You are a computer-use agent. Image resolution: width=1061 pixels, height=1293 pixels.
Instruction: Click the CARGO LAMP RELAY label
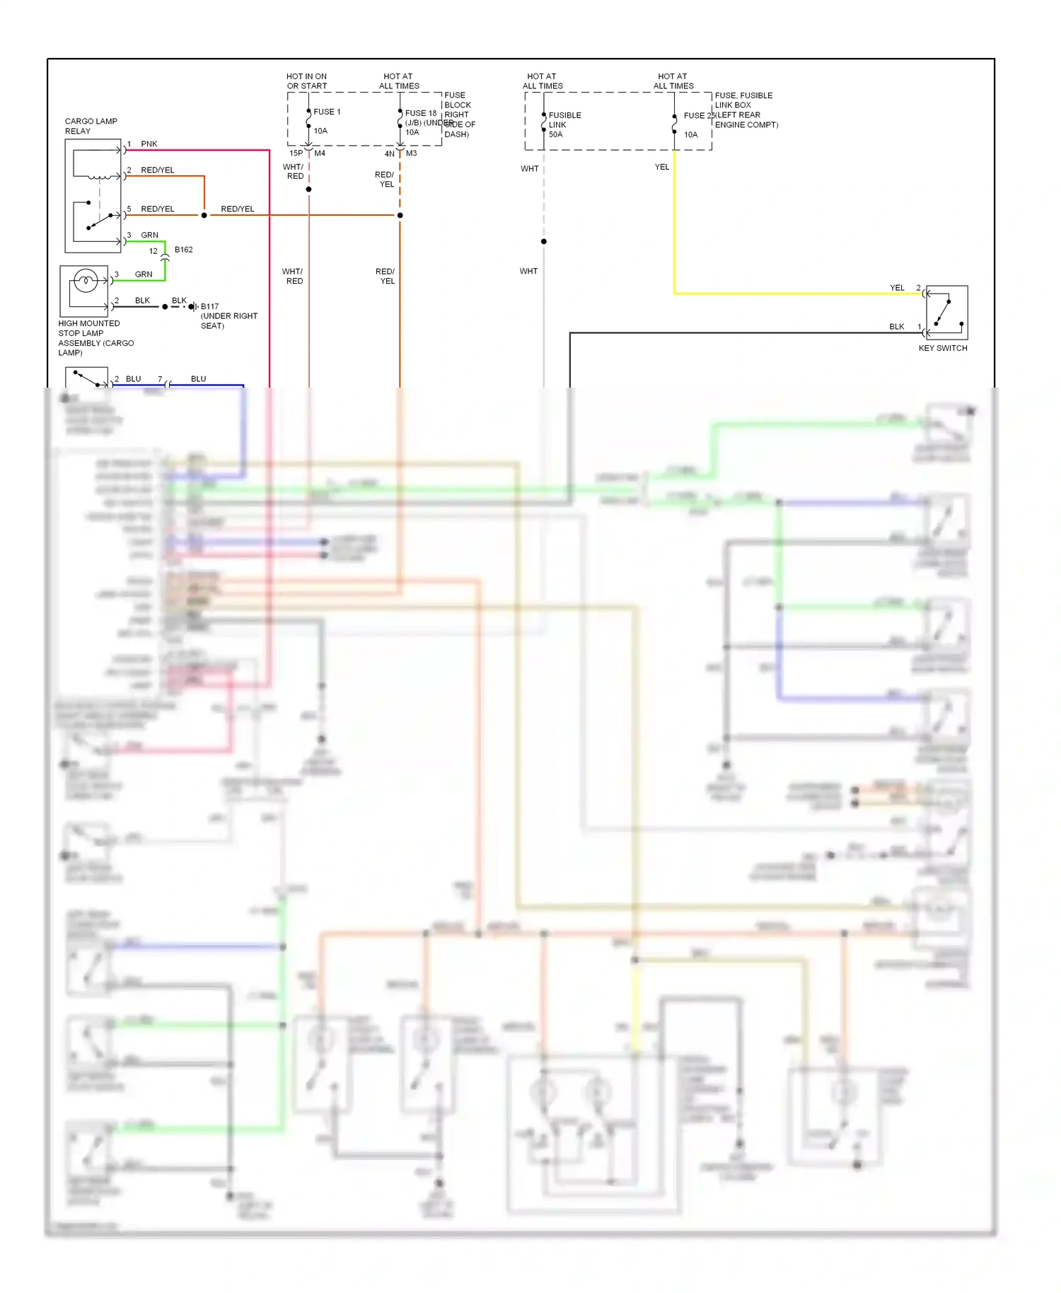tap(91, 126)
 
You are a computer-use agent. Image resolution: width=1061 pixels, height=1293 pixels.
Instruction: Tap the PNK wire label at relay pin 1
tap(149, 144)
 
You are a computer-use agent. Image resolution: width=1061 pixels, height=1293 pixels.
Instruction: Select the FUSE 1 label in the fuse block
tap(327, 112)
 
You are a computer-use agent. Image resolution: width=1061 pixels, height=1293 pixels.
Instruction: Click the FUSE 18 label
tap(420, 113)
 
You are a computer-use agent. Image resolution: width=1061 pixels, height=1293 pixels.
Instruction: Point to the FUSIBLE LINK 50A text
tap(564, 124)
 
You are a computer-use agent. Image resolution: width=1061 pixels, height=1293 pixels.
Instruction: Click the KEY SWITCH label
tap(942, 348)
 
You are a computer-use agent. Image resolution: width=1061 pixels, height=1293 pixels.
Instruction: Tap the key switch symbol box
tap(946, 312)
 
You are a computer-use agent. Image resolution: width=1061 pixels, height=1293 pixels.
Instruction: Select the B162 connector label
tap(183, 250)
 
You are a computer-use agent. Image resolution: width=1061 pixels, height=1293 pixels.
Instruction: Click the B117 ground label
tap(209, 306)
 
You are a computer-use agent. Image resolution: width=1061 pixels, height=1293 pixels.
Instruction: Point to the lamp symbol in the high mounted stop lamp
tap(86, 282)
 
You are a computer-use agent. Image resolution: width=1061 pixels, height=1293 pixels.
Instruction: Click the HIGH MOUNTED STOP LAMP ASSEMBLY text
tap(95, 337)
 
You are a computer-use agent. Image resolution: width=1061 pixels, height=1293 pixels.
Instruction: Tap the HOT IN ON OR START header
tap(306, 81)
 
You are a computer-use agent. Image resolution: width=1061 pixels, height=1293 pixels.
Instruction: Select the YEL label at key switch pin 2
tap(897, 288)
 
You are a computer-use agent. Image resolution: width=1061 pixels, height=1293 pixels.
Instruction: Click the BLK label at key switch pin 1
tap(896, 327)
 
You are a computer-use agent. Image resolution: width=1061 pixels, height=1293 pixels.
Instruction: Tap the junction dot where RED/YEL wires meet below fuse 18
tap(400, 215)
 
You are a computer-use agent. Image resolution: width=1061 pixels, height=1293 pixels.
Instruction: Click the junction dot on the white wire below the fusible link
tap(544, 241)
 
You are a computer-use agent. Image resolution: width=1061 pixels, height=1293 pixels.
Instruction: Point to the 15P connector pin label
tap(296, 153)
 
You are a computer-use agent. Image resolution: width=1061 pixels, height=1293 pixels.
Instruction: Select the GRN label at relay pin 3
tap(149, 235)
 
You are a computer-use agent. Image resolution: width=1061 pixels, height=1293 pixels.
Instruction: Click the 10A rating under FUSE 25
tap(690, 134)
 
